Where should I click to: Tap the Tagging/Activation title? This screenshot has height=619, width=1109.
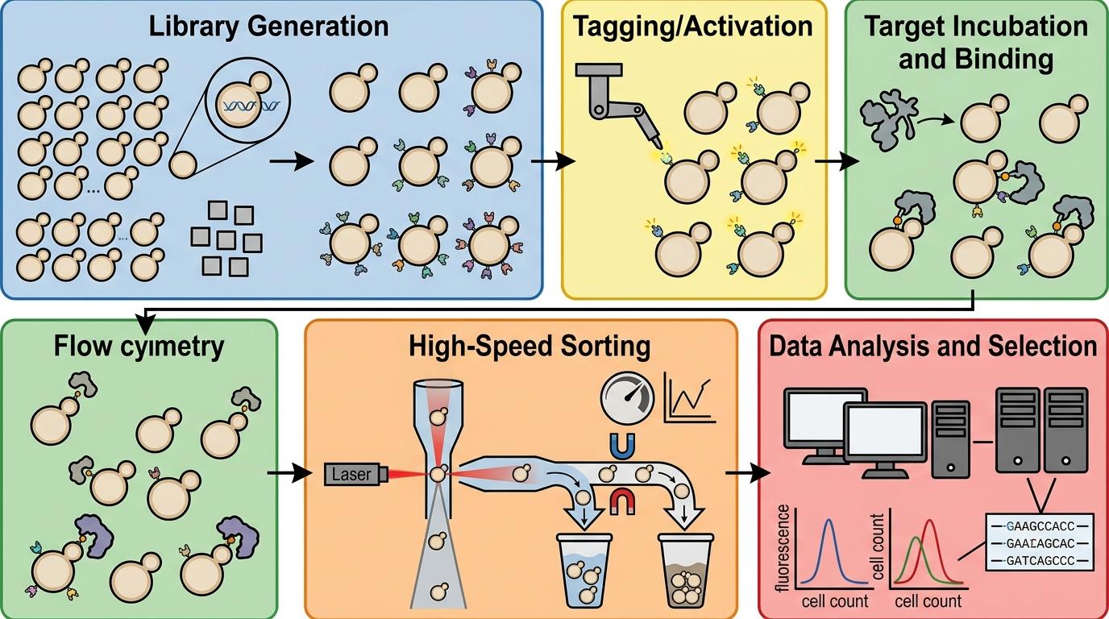[693, 26]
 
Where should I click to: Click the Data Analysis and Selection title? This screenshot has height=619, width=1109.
[932, 347]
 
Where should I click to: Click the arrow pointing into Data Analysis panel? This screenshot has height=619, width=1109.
[747, 472]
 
